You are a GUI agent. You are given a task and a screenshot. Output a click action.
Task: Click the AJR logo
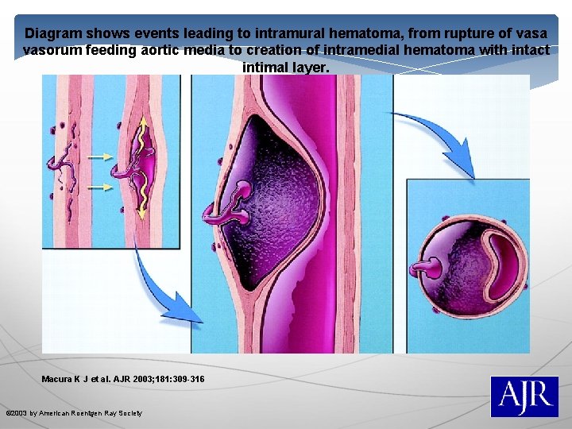click(x=524, y=396)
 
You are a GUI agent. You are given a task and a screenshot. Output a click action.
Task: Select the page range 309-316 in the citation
click(x=184, y=380)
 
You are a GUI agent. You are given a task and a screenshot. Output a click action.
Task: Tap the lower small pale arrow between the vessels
click(x=100, y=187)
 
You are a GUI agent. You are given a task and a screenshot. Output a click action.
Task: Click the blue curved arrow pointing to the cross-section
click(x=441, y=139)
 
